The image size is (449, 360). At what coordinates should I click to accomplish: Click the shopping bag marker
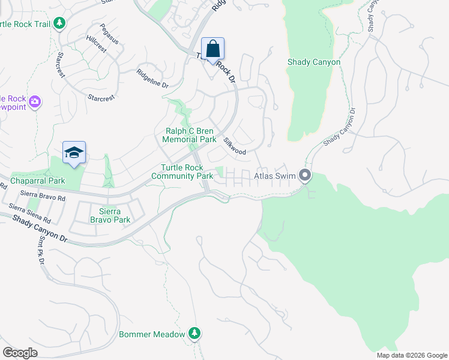click(x=212, y=49)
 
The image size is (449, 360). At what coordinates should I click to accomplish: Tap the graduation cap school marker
click(x=74, y=153)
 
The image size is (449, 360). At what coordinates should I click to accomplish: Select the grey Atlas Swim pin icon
click(x=306, y=176)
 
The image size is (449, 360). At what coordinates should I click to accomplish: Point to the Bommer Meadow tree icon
click(x=194, y=333)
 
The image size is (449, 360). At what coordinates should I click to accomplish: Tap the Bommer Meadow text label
click(x=152, y=334)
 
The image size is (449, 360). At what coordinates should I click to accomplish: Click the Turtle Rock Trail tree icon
click(x=59, y=23)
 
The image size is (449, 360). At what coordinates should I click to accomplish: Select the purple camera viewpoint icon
click(x=35, y=102)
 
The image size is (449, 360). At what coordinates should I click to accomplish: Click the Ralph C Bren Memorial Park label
click(x=189, y=135)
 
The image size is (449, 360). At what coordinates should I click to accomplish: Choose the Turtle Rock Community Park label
click(x=182, y=172)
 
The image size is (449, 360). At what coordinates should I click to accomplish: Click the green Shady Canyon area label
click(x=314, y=62)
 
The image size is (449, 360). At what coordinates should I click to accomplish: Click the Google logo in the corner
click(x=20, y=353)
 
